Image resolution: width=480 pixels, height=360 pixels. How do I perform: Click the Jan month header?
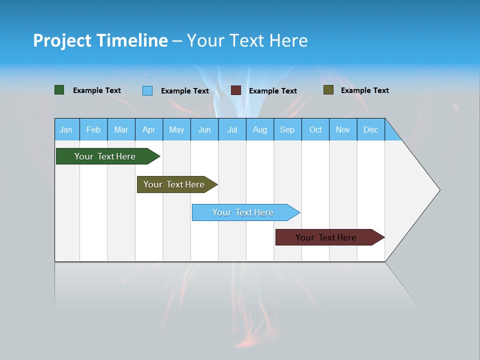(66, 129)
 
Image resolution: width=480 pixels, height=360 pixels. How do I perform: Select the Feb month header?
(93, 129)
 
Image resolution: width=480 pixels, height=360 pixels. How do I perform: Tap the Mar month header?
(121, 129)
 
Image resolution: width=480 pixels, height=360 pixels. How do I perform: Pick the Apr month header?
(149, 129)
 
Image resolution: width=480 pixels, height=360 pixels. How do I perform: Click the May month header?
(176, 129)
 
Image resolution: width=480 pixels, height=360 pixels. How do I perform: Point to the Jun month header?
(204, 129)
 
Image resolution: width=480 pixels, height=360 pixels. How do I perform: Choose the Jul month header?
(232, 129)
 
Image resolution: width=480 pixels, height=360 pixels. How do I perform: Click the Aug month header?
(260, 129)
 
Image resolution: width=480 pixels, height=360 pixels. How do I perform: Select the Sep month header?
(287, 129)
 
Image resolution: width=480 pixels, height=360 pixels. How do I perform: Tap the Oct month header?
(315, 129)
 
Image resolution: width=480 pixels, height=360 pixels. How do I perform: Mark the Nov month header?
(343, 129)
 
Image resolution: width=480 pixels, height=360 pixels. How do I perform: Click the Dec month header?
(371, 129)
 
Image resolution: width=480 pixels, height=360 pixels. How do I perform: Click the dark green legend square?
(59, 90)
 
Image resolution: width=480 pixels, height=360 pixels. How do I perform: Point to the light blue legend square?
(147, 90)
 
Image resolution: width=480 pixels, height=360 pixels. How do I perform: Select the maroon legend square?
(236, 90)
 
